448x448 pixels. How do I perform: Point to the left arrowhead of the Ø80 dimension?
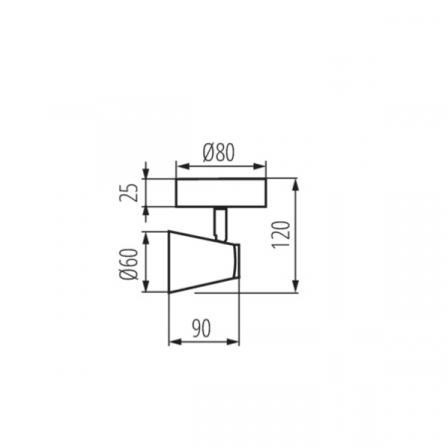(x=178, y=163)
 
